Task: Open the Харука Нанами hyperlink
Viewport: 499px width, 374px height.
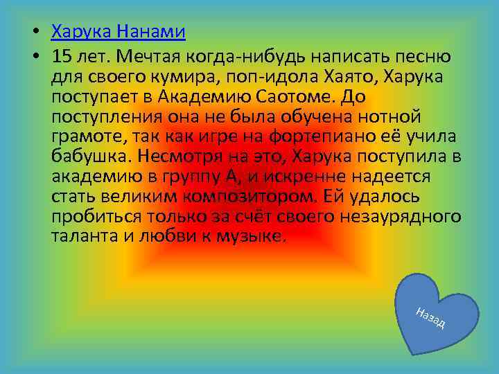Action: pyautogui.click(x=119, y=32)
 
